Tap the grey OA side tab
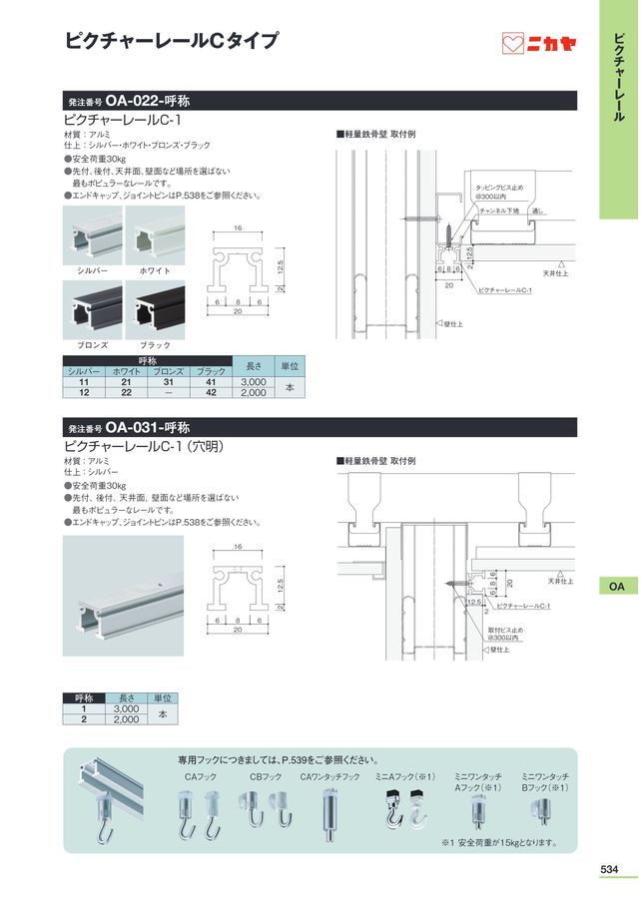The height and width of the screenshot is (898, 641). [617, 587]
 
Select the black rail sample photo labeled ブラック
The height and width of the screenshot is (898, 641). [155, 309]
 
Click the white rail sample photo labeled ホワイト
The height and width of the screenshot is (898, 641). [155, 235]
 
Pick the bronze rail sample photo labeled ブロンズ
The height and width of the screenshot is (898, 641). [92, 309]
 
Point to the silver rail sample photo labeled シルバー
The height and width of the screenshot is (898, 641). [92, 235]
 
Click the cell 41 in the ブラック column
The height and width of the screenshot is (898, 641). [210, 381]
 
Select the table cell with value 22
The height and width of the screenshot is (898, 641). [126, 393]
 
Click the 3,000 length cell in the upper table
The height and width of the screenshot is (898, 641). [254, 381]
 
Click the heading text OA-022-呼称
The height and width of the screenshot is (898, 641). [149, 101]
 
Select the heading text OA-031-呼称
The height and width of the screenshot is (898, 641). [149, 427]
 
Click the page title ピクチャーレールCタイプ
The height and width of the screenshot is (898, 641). [171, 41]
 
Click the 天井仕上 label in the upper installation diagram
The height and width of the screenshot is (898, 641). [554, 272]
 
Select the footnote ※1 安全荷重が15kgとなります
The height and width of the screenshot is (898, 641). [499, 842]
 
